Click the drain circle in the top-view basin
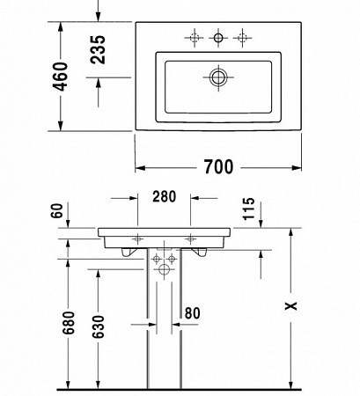coord(217,77)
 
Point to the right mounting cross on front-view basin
coord(191,238)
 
